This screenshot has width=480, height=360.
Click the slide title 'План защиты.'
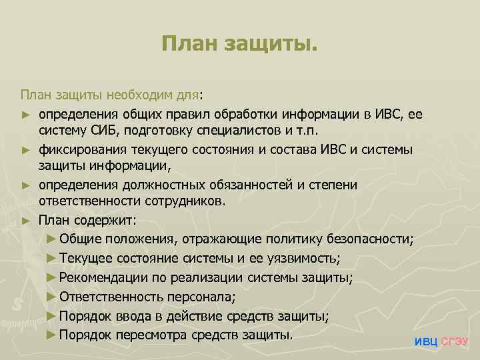pos(240,45)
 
